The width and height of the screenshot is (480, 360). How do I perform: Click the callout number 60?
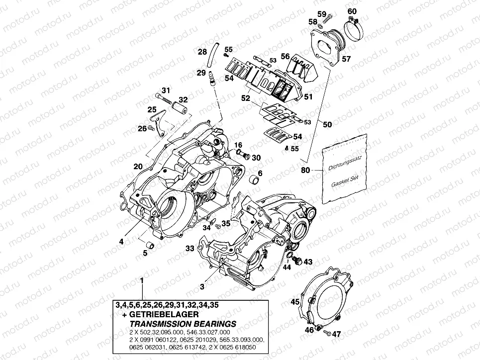tap(351, 11)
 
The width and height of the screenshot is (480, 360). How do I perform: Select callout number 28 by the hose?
tap(202, 52)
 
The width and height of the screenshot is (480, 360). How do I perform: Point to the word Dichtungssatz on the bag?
tap(344, 164)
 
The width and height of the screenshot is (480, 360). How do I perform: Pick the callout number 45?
tap(295, 301)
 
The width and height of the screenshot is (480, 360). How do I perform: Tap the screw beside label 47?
tap(326, 332)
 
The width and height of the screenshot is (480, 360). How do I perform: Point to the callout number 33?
tap(190, 248)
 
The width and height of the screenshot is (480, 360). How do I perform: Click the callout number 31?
tap(165, 90)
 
